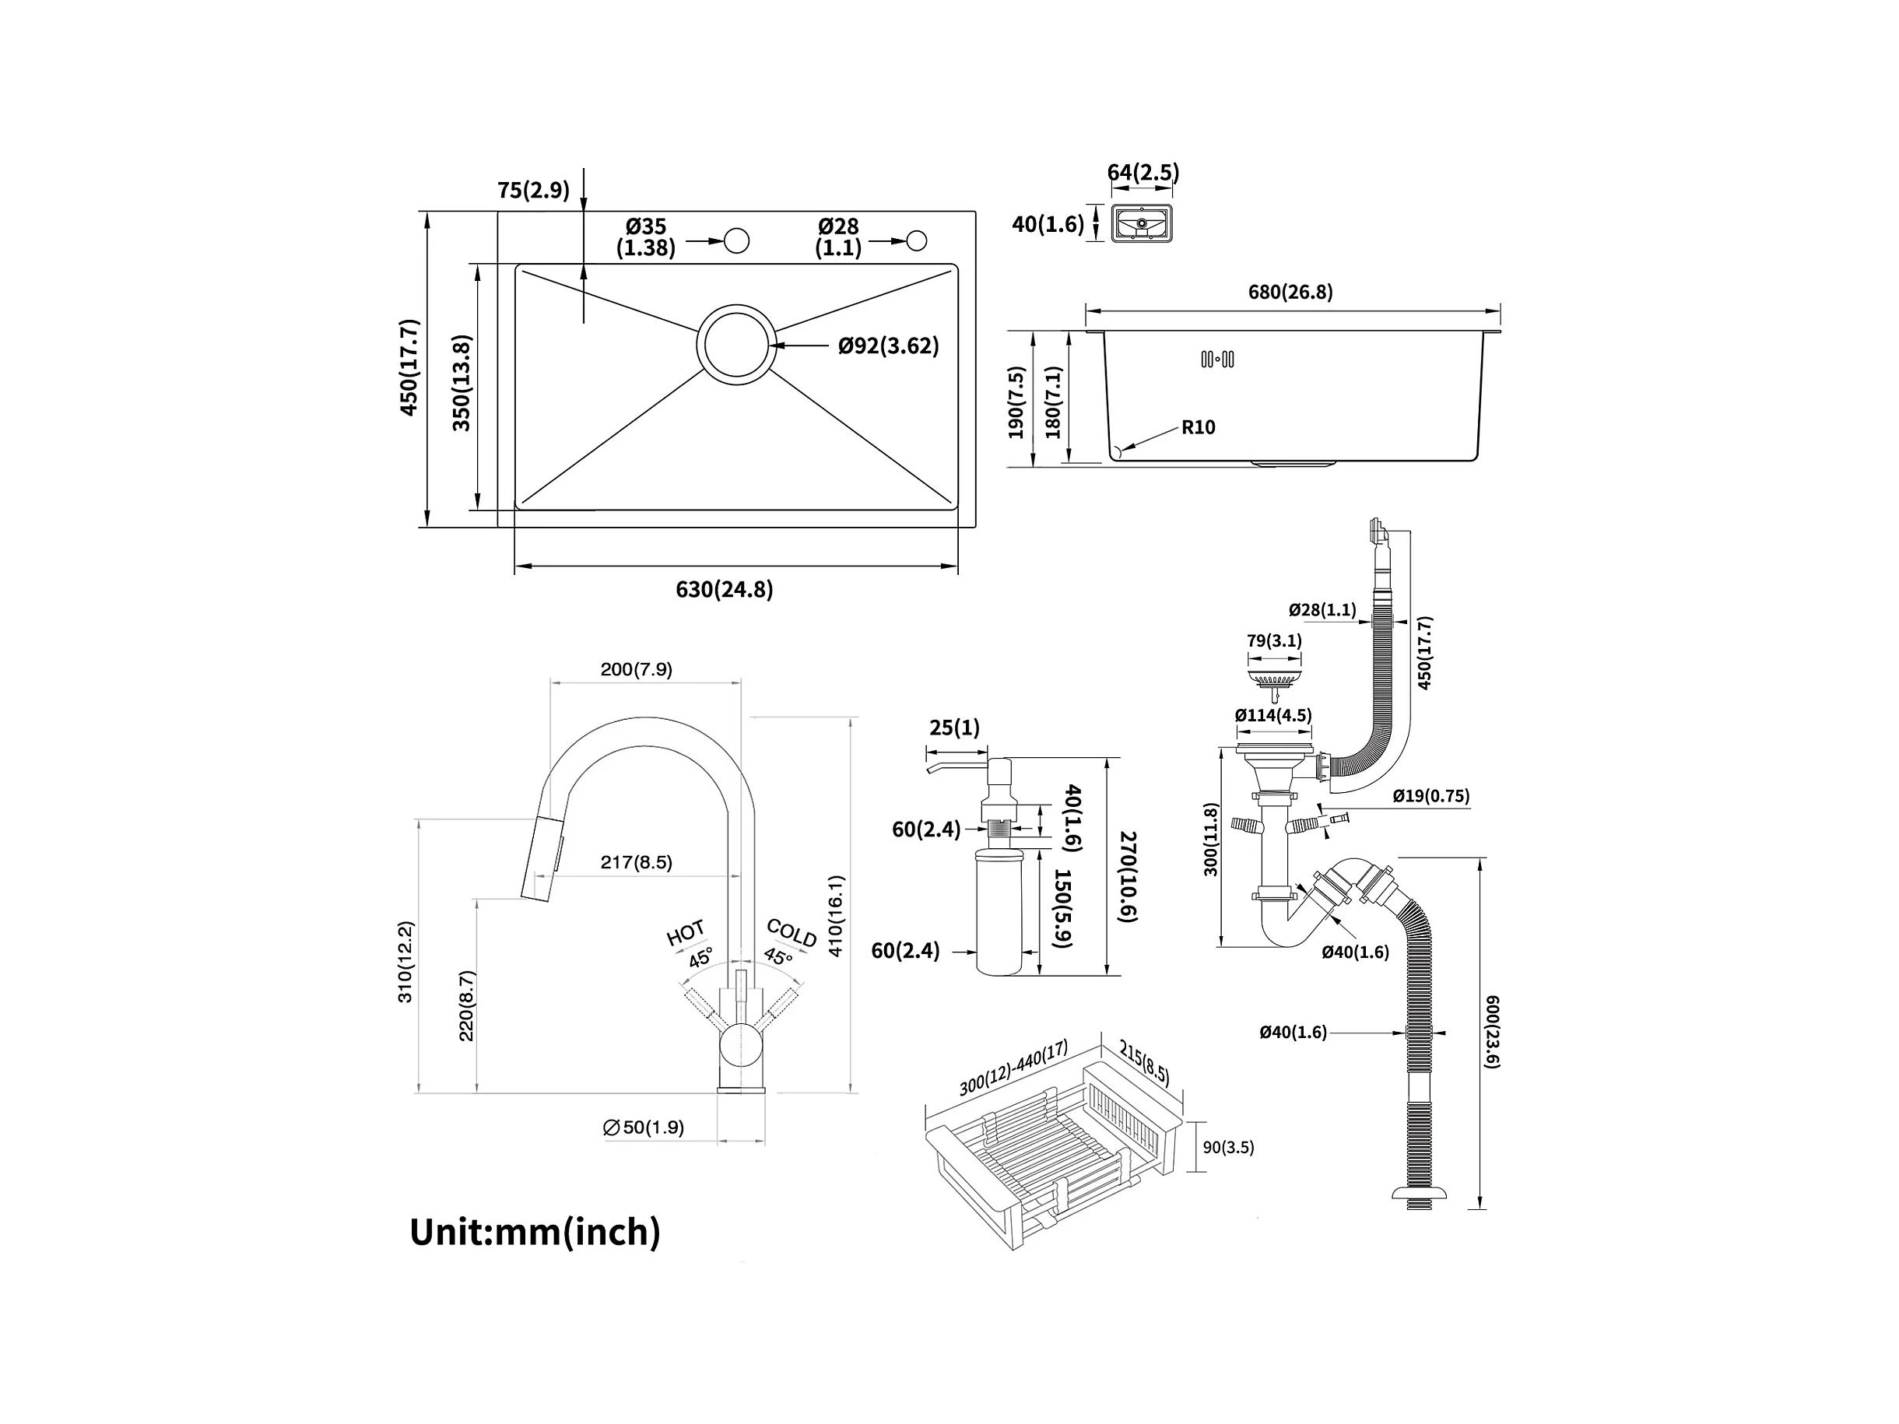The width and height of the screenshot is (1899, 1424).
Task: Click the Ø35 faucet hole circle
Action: pos(736,241)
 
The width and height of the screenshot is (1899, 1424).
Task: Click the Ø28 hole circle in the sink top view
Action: pos(917,241)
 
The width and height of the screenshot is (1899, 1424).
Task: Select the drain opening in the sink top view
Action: pos(735,344)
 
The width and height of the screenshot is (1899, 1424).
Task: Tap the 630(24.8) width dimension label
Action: pos(724,590)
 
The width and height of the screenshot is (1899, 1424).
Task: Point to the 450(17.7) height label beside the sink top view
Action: pos(409,367)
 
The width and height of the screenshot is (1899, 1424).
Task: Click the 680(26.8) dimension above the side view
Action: pos(1290,292)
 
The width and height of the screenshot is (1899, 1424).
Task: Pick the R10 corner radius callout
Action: pos(1198,426)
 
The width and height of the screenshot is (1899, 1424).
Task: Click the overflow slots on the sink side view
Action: pos(1217,360)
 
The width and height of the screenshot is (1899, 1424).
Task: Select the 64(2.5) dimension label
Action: pos(1143,173)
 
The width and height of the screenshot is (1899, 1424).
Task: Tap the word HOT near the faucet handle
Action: pos(685,932)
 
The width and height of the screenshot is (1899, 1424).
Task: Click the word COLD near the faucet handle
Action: pos(791,933)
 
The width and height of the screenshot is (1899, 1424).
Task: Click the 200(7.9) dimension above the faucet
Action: pos(636,669)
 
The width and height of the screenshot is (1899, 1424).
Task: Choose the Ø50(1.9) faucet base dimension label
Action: pos(644,1127)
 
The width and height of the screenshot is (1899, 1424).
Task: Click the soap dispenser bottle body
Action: pos(999,918)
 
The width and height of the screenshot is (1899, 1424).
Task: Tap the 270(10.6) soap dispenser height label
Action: pos(1128,876)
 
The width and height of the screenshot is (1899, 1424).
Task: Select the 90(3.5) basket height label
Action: pos(1227,1148)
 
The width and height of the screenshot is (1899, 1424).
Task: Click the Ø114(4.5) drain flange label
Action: pos(1273,715)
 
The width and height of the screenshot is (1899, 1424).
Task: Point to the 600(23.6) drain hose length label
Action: pos(1491,1031)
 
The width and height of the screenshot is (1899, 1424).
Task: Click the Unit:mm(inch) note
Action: pos(535,1232)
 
